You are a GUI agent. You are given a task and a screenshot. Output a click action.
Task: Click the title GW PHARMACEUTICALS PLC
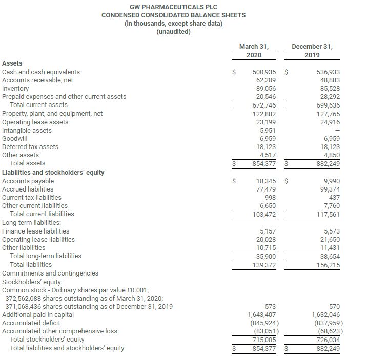(173, 7)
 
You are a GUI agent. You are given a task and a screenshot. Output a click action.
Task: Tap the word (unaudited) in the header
(173, 32)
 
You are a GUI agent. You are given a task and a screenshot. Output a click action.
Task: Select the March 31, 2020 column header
(254, 51)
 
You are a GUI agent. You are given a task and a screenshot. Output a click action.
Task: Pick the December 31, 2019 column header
(312, 51)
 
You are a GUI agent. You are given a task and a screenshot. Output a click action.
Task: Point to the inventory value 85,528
(329, 89)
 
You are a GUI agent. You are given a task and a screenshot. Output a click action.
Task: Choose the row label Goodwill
(15, 138)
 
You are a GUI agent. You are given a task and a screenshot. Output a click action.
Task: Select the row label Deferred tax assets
(30, 147)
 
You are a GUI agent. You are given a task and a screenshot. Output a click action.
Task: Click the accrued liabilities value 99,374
(329, 189)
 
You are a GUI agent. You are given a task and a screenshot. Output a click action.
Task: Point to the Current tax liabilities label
(32, 197)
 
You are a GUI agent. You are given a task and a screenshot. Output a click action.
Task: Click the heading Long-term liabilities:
(32, 222)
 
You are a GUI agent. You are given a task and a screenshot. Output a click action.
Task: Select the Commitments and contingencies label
(50, 273)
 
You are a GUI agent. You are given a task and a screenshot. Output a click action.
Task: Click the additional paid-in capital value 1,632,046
(325, 315)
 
